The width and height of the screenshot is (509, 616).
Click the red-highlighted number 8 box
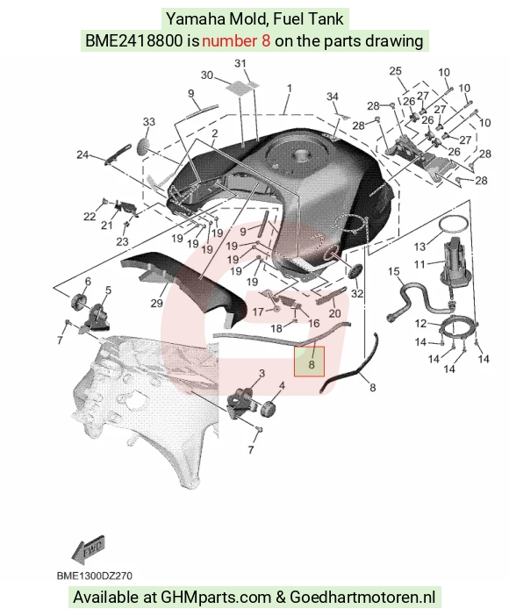309,362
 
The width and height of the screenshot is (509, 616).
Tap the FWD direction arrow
89,548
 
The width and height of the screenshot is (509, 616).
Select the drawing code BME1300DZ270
94,576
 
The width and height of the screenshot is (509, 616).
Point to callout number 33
149,122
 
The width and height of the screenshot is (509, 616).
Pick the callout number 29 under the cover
157,303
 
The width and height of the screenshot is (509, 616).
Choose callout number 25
396,71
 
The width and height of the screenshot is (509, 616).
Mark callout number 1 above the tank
290,89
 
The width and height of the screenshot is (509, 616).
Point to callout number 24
82,154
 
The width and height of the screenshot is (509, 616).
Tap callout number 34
333,97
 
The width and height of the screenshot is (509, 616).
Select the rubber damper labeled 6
79,302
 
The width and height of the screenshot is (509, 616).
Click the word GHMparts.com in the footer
215,598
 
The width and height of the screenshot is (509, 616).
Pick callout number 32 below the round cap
357,293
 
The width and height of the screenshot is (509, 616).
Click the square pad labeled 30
238,89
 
